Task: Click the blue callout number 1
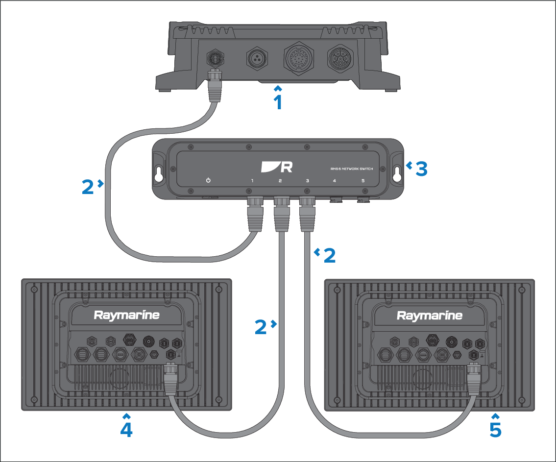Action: tap(278, 102)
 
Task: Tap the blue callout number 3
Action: tap(421, 169)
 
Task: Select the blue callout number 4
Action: tap(126, 429)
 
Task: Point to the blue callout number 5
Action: tap(495, 429)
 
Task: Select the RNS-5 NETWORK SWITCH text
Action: tap(352, 169)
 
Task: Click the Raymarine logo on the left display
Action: tap(127, 315)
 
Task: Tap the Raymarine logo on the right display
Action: tap(430, 315)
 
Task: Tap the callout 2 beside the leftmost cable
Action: tap(88, 187)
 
